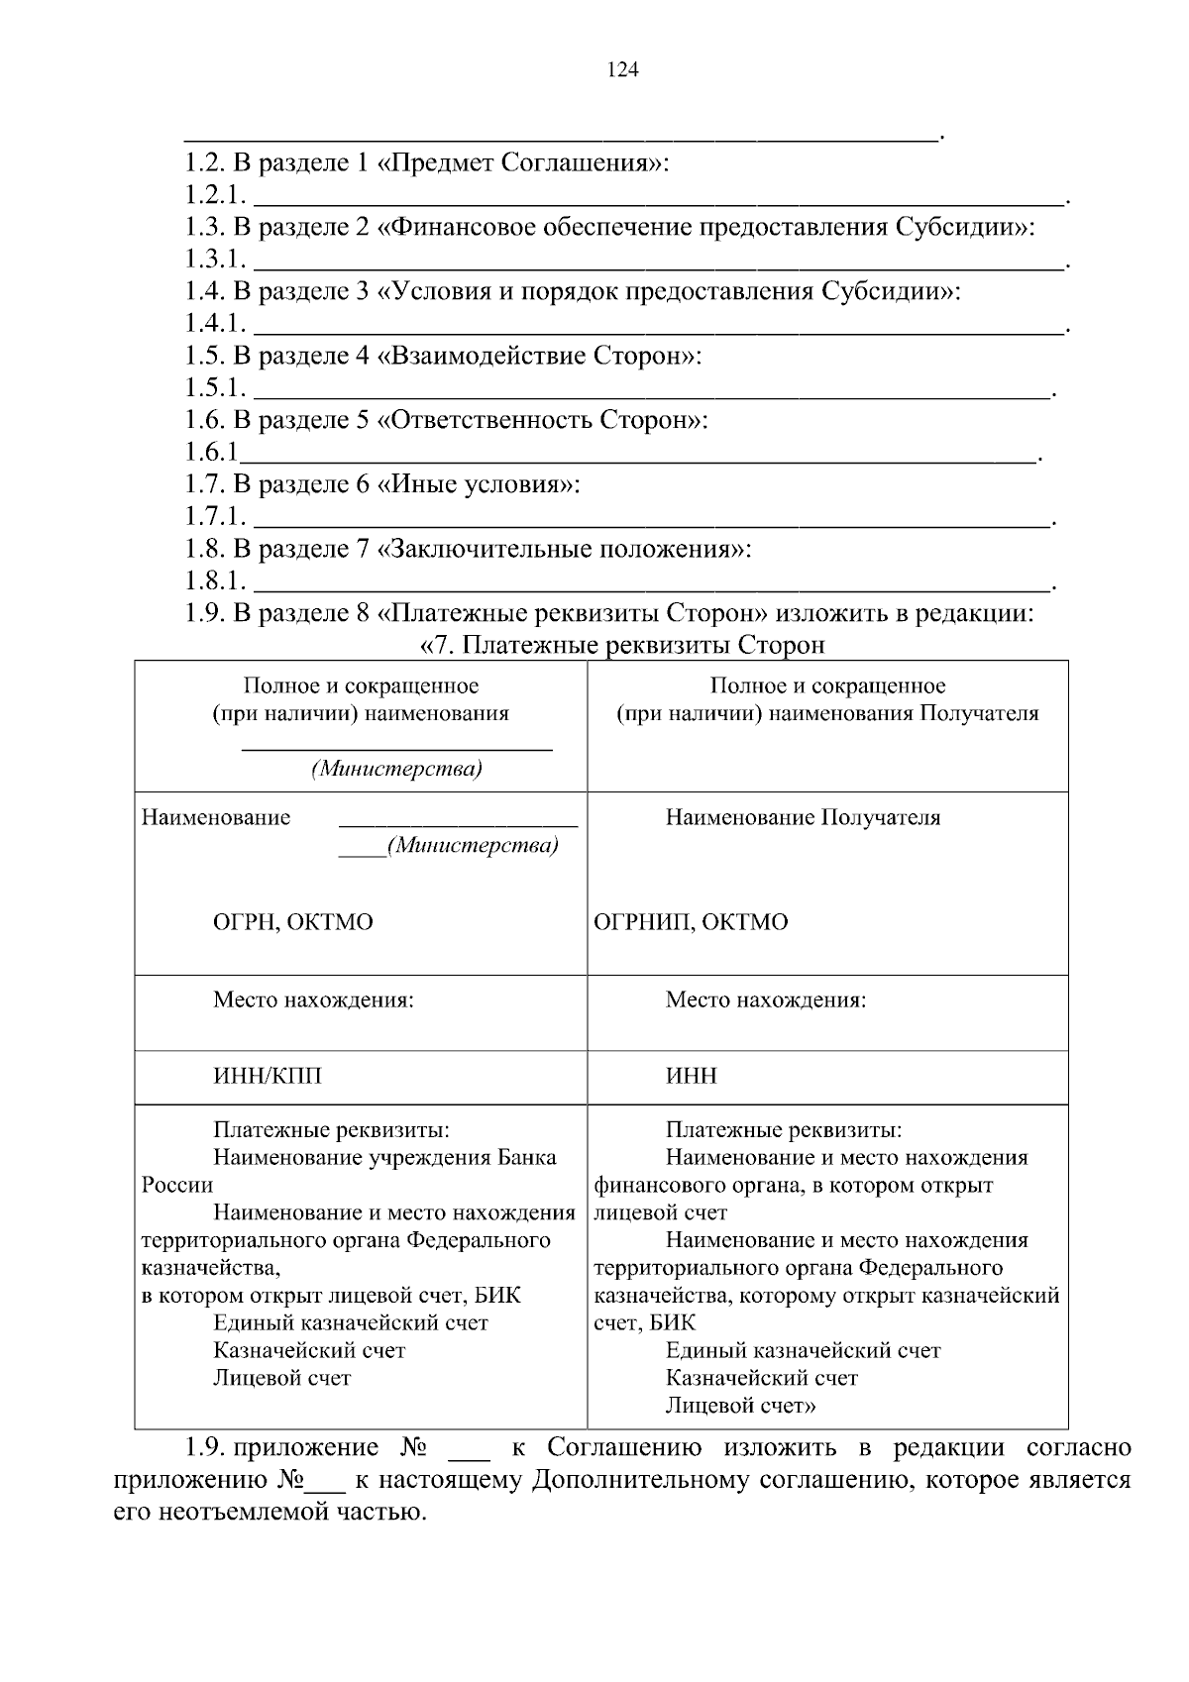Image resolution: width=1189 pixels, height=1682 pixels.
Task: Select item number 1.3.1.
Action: pos(215,260)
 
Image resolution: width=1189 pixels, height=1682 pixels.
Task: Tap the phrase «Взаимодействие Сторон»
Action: pos(539,356)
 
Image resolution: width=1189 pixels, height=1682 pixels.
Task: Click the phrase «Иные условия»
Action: pos(479,484)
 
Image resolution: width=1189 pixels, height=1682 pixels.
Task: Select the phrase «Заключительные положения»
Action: pos(564,549)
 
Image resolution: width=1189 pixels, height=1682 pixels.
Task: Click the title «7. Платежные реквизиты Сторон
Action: pos(623,646)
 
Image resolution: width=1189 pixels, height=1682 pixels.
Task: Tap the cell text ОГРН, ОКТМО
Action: pos(293,922)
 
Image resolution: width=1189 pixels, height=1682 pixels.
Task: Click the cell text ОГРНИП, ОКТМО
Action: pos(691,922)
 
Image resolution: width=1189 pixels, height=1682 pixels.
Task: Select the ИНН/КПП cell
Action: pos(268,1076)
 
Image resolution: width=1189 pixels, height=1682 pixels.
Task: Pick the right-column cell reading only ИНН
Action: pos(691,1076)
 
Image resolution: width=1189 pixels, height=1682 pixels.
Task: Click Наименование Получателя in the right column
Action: pos(803,817)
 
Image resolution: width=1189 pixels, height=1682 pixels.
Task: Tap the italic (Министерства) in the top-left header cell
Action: pos(396,770)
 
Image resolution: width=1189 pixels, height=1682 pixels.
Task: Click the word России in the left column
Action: pos(177,1185)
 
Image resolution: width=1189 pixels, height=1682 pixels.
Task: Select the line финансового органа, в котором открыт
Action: pos(793,1185)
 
